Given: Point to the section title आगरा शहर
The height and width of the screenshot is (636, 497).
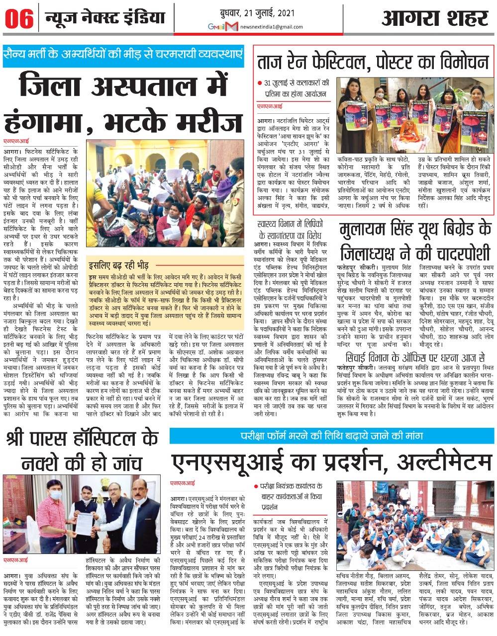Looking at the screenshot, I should click(435, 19).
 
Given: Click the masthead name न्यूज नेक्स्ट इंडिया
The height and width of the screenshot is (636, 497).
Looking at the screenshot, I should click(104, 19).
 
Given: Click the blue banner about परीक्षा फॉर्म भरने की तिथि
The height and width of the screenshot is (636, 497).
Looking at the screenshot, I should click(333, 436).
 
